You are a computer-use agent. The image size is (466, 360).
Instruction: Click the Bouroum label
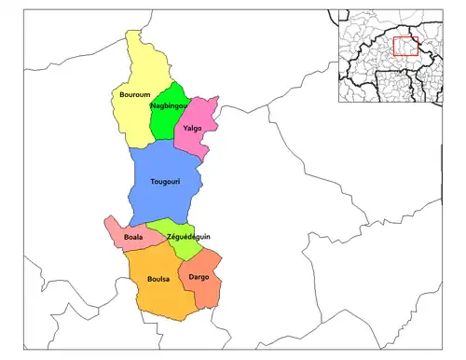pyautogui.click(x=134, y=95)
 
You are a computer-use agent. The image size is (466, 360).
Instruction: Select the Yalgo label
pyautogui.click(x=193, y=128)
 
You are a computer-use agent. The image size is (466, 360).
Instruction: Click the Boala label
pyautogui.click(x=133, y=238)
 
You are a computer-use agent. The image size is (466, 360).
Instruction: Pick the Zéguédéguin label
pyautogui.click(x=188, y=237)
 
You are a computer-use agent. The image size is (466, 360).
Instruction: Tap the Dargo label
pyautogui.click(x=199, y=277)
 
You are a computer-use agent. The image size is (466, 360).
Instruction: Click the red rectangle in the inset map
pyautogui.click(x=404, y=46)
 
